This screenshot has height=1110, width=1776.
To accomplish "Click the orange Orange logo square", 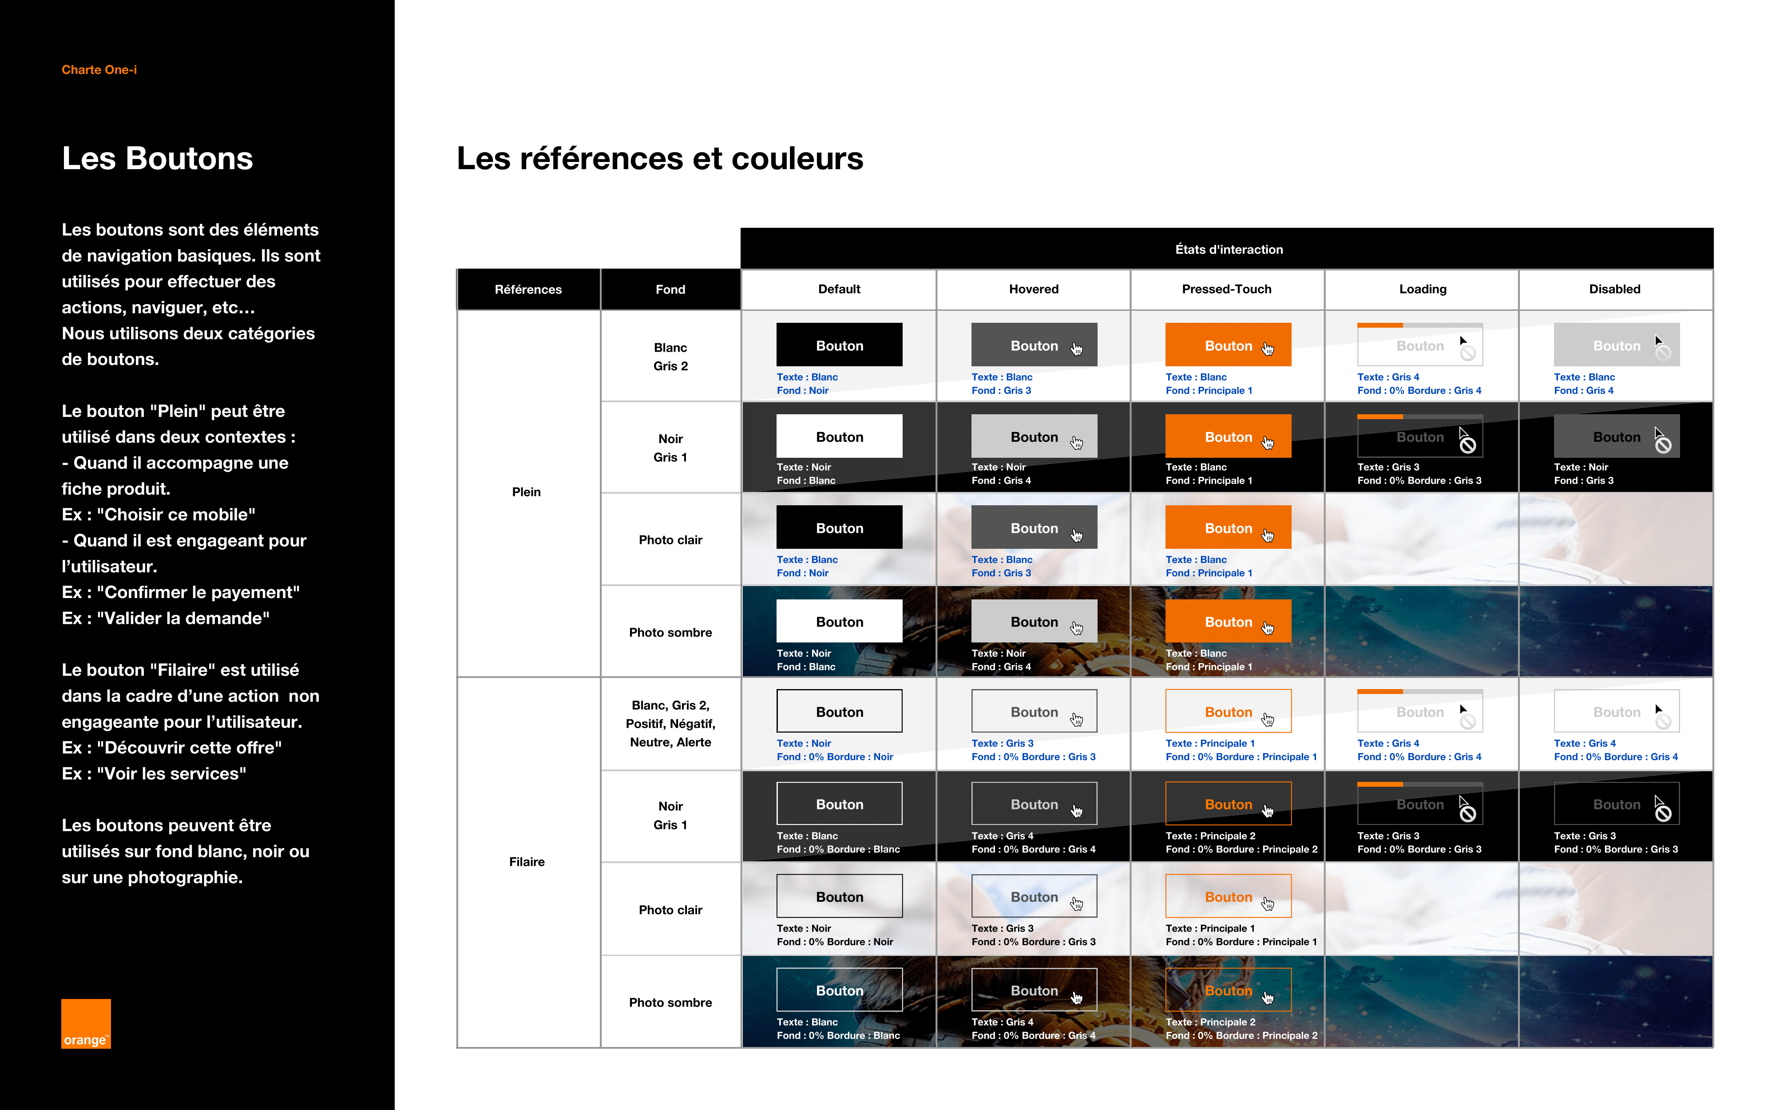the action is [86, 1023].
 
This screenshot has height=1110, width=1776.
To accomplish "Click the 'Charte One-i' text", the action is [99, 70].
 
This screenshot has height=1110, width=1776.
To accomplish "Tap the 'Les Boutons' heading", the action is [157, 159].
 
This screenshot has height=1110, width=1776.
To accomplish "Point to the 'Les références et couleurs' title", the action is [660, 159].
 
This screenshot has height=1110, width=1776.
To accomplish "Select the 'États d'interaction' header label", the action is [1229, 250].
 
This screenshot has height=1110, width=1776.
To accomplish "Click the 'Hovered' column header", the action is [1033, 289].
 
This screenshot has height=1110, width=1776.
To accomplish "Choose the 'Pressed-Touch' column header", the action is [1226, 289].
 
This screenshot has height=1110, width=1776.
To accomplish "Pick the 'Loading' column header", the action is [1422, 289].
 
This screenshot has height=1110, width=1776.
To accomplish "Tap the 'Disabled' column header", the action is [1614, 289].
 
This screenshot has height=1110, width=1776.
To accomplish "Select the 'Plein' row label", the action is [526, 492].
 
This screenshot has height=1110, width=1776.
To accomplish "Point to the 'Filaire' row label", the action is [527, 862].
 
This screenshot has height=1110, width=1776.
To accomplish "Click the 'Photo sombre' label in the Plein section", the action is [670, 633].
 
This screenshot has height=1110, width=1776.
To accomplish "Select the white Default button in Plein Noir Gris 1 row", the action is [840, 436].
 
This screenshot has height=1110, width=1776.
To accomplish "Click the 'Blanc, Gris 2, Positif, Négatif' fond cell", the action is [670, 724].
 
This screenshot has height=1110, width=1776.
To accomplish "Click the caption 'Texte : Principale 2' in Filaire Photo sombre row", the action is [1210, 1022].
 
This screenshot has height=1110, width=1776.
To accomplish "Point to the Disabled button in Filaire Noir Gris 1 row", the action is [1616, 804].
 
